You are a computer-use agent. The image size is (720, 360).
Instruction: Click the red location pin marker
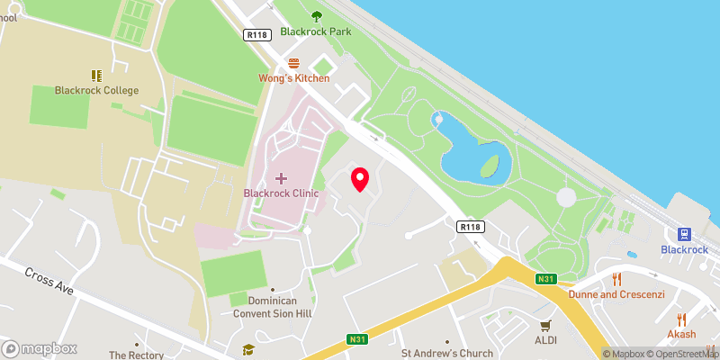coord(360,179)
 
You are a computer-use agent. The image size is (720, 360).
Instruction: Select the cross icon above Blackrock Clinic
coord(281,178)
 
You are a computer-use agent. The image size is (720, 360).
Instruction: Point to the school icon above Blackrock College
coord(96,76)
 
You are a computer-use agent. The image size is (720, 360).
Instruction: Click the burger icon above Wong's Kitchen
coord(293,63)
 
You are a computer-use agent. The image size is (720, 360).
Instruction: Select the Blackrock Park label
coord(315,31)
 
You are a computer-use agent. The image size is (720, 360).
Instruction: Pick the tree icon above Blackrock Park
coord(316,15)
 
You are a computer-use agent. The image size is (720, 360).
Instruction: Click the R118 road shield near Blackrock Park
coord(257,34)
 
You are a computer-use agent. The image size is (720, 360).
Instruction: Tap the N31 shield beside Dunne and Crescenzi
coord(546,280)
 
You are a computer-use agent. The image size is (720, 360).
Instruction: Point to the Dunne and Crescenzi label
coord(609,293)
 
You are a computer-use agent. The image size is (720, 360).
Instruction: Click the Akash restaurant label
coord(681,334)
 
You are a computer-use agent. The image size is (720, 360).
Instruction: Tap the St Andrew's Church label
coord(447,353)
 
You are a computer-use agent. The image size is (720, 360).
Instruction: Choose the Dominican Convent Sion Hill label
coord(273,307)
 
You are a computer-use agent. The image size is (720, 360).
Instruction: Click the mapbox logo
coord(40,348)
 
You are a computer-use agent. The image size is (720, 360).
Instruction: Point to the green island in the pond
coord(490,166)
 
